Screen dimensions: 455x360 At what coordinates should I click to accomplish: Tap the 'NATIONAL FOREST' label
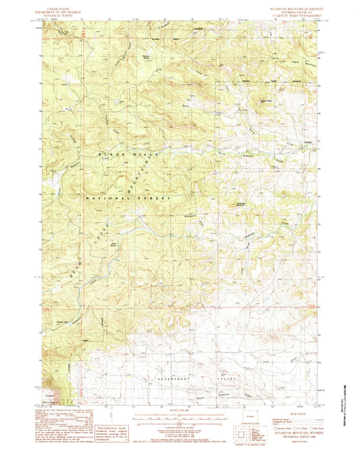128,198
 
